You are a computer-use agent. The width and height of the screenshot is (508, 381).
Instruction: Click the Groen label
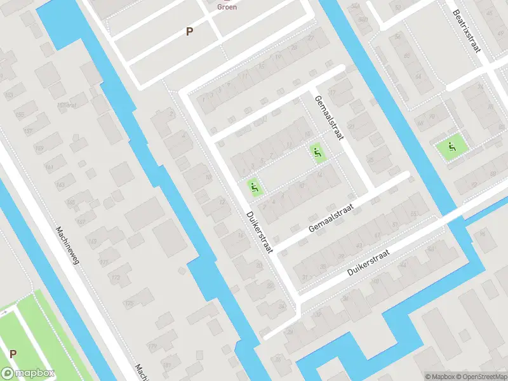pyautogui.click(x=227, y=7)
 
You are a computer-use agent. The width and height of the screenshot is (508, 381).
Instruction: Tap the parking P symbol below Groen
pyautogui.click(x=189, y=31)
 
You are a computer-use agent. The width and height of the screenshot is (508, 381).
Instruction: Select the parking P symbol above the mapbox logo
pyautogui.click(x=13, y=354)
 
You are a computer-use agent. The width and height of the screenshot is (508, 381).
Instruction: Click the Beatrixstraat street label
pyautogui.click(x=467, y=32)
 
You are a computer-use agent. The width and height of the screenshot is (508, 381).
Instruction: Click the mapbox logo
pyautogui.click(x=28, y=373)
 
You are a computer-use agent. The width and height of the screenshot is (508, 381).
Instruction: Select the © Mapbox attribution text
pyautogui.click(x=437, y=377)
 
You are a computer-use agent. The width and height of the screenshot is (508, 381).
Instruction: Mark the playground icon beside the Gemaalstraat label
pyautogui.click(x=317, y=152)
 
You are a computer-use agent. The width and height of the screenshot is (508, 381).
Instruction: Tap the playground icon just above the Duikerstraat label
pyautogui.click(x=254, y=187)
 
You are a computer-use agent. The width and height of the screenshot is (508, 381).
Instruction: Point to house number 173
pyautogui.click(x=116, y=277)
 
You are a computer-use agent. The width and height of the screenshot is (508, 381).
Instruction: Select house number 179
pyautogui.click(x=152, y=347)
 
